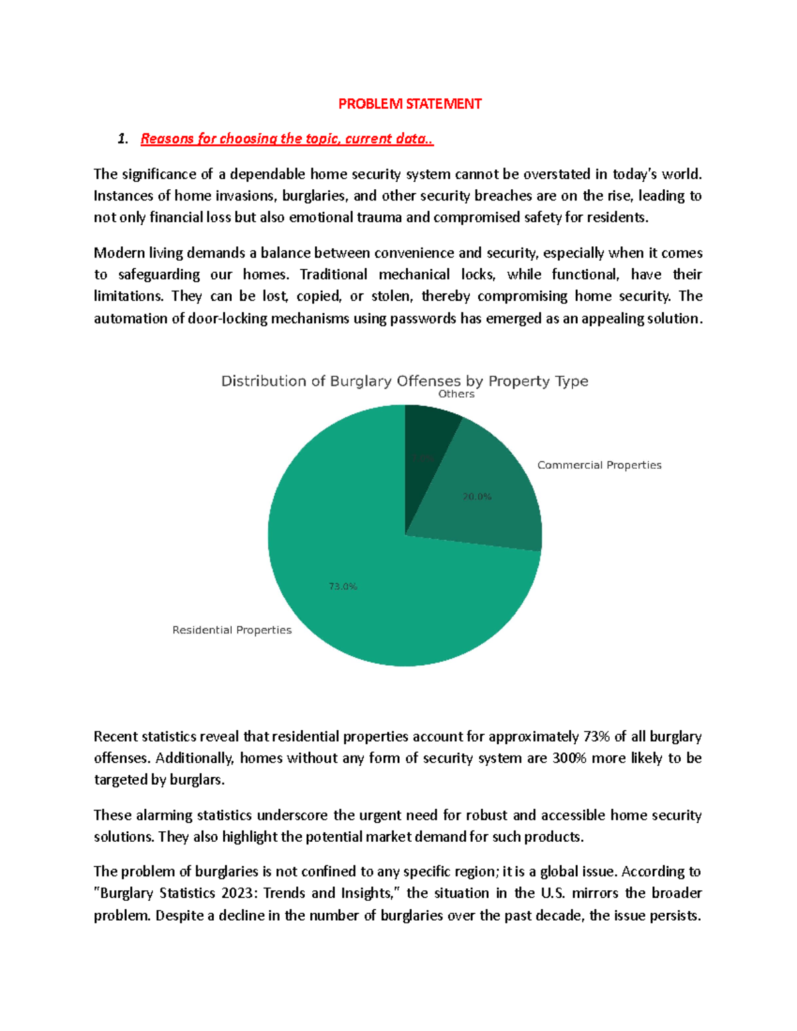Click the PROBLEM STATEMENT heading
click(410, 104)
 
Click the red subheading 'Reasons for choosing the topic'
click(287, 139)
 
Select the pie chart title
click(404, 381)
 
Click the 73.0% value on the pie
click(343, 586)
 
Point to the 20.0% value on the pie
click(477, 497)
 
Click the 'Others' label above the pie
click(456, 394)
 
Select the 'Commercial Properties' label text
click(599, 465)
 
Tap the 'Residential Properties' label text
click(232, 630)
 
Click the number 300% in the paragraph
click(569, 758)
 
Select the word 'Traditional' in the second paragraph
click(333, 275)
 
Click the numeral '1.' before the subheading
click(122, 139)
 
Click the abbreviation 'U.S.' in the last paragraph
click(553, 893)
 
